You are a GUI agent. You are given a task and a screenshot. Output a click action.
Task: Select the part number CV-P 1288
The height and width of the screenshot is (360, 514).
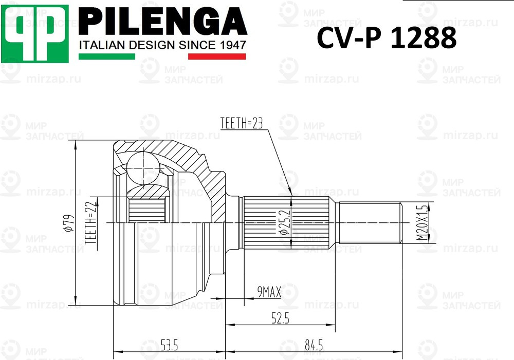pos(386,39)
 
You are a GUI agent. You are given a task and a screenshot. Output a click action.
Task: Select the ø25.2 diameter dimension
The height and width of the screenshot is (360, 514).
pos(283,222)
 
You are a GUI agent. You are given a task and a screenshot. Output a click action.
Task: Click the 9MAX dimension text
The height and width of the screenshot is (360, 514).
pos(268,292)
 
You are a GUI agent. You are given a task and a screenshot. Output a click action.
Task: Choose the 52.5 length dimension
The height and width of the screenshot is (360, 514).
pos(280,318)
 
